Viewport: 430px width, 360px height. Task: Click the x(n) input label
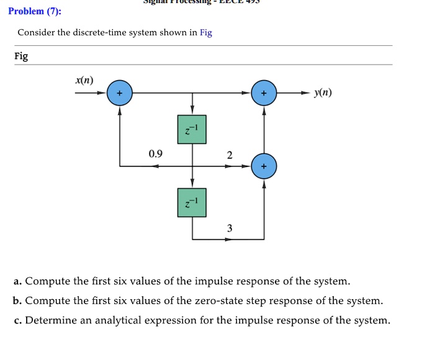(84, 80)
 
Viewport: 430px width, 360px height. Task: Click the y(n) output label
(323, 93)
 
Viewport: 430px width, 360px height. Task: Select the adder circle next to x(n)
(120, 93)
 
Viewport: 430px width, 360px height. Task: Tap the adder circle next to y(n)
(264, 93)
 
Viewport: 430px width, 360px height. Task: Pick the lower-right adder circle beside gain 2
(264, 166)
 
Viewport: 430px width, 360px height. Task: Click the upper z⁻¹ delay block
(192, 130)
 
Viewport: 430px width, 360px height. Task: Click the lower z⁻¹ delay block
(192, 202)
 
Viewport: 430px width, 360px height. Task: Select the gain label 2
(230, 155)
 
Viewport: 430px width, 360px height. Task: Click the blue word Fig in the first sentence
(206, 33)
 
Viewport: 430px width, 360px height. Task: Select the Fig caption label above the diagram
(21, 56)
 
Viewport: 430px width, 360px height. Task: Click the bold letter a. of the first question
(17, 281)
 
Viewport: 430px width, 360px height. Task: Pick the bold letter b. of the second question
(17, 301)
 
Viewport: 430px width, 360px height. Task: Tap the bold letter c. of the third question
(17, 320)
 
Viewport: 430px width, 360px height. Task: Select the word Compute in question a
(47, 281)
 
